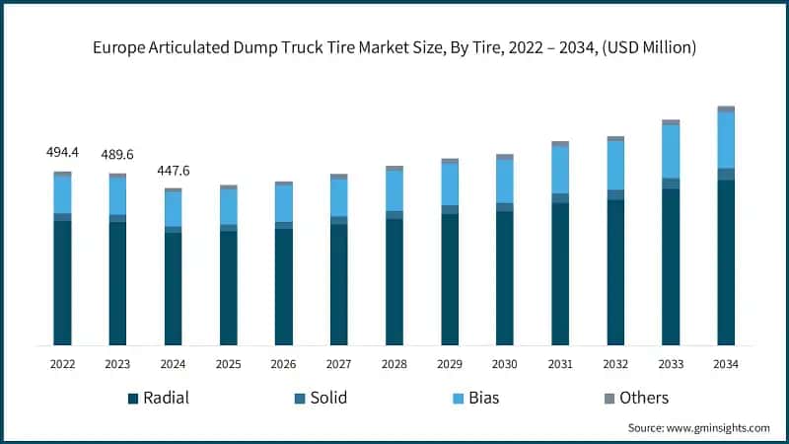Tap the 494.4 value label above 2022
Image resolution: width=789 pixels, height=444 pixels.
click(x=62, y=153)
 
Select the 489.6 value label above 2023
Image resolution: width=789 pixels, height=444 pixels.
click(x=117, y=155)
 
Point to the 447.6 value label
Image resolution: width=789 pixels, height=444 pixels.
click(x=173, y=171)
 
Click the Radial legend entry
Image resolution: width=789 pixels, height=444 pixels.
click(x=158, y=398)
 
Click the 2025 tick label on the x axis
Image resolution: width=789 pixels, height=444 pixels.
click(x=228, y=364)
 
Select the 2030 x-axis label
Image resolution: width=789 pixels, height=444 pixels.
click(x=504, y=364)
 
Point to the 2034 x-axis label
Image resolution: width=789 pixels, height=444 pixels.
click(x=725, y=364)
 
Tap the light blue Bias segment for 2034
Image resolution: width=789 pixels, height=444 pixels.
click(x=725, y=140)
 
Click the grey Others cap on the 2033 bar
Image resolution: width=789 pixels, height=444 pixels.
click(x=670, y=122)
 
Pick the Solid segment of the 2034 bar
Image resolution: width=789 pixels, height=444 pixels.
click(x=725, y=175)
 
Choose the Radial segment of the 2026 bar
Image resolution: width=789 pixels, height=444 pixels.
click(x=283, y=286)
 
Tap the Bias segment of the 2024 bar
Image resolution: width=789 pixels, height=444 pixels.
click(x=173, y=209)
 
